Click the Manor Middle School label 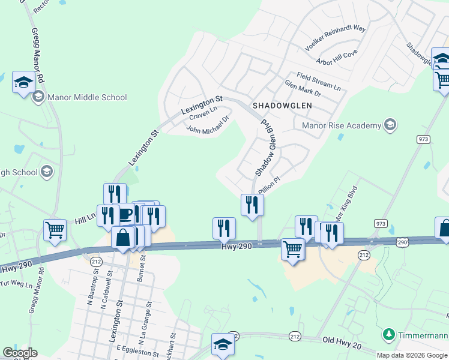pyautogui.click(x=88, y=97)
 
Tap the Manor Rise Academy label pyautogui.click(x=342, y=125)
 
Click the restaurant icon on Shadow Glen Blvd pyautogui.click(x=252, y=205)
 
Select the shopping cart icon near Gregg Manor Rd pyautogui.click(x=55, y=230)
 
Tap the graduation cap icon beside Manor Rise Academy pyautogui.click(x=390, y=125)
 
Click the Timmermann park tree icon pyautogui.click(x=389, y=334)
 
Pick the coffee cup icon pyautogui.click(x=124, y=214)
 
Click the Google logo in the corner pyautogui.click(x=20, y=352)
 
